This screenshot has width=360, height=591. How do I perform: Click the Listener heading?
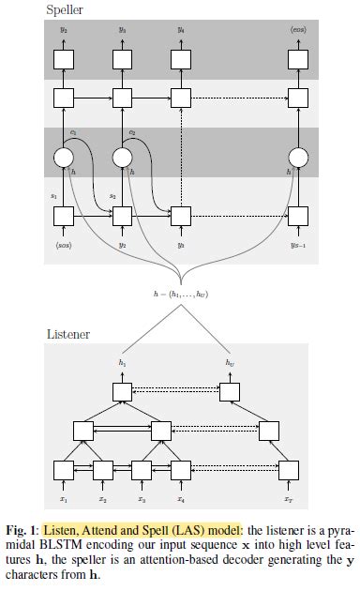point(67,333)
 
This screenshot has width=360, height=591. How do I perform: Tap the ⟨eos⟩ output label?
point(298,30)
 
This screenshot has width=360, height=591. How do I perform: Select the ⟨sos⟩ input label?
point(63,246)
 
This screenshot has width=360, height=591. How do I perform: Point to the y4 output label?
point(181,30)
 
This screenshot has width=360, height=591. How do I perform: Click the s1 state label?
point(53,197)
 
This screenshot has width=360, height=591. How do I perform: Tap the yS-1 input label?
point(298,246)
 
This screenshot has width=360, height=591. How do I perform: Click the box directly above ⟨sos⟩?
point(63,217)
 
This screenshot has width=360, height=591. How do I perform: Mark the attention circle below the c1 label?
point(63,157)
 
